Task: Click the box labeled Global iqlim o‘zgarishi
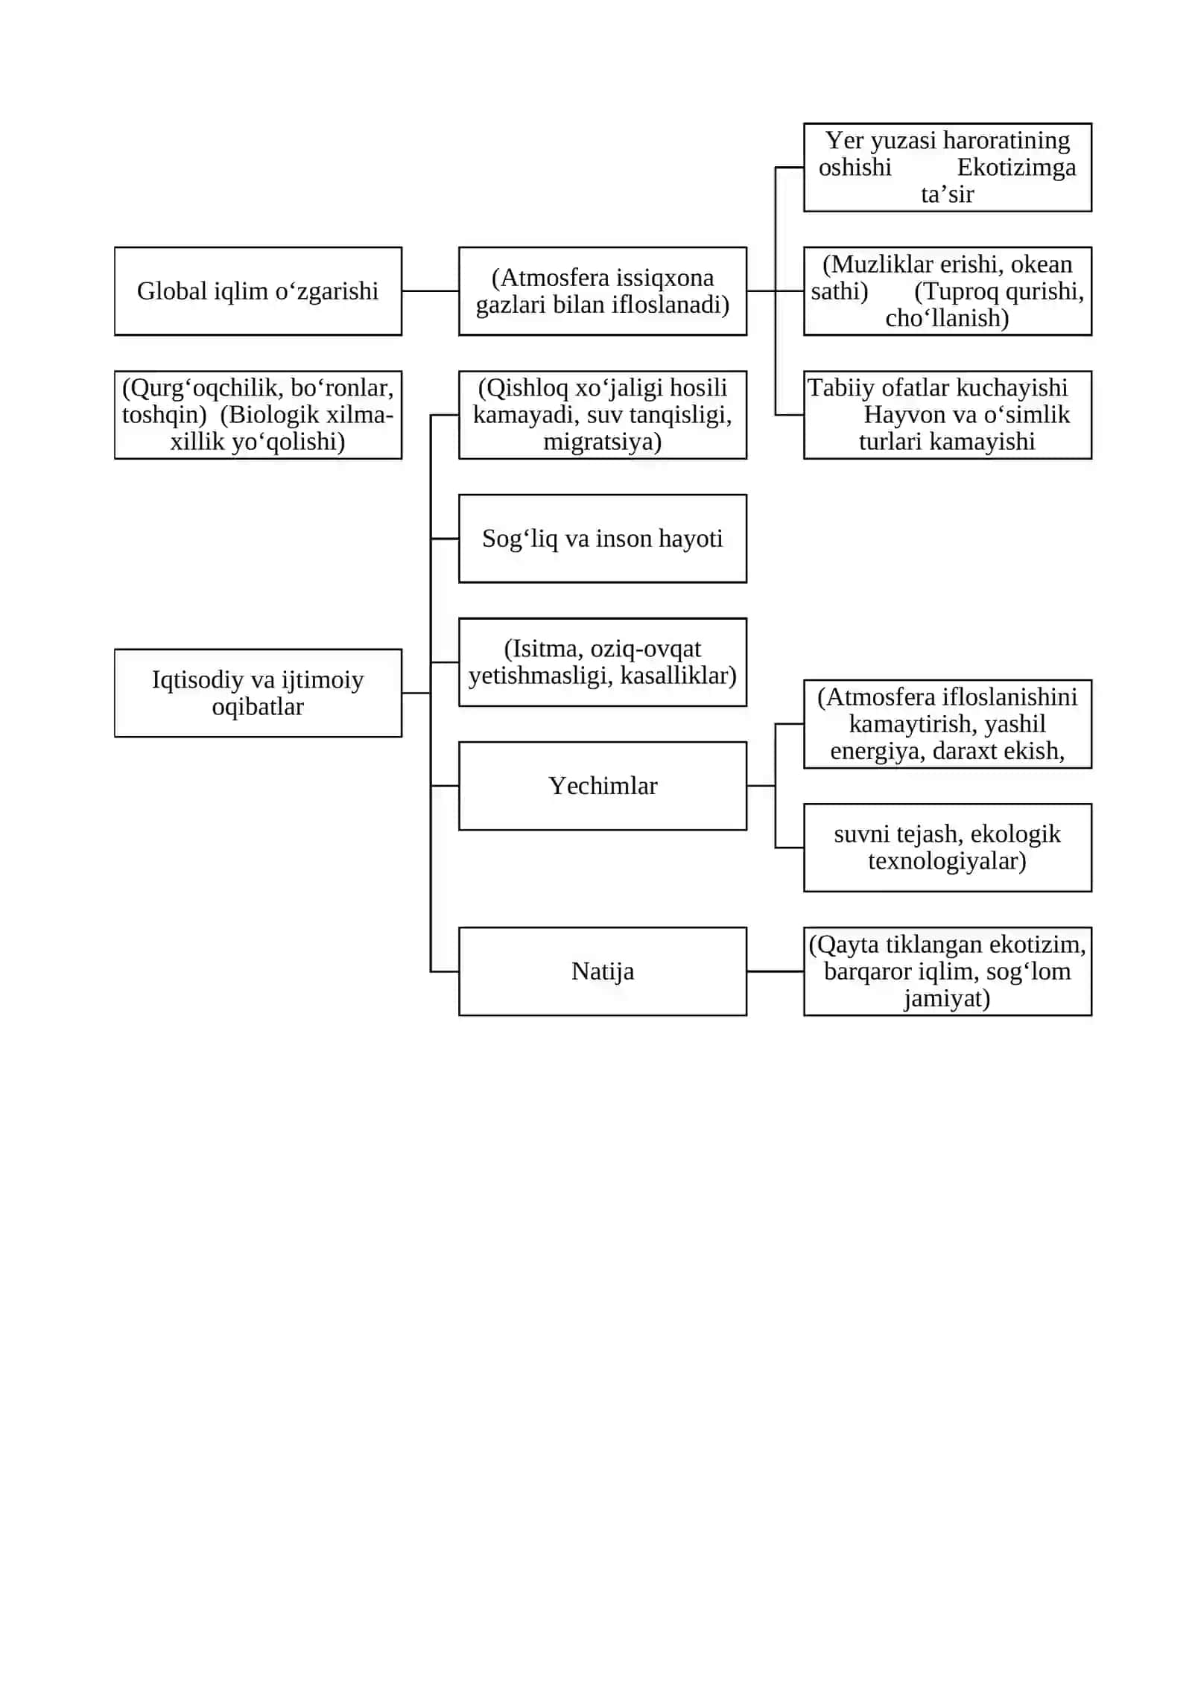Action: [x=258, y=291]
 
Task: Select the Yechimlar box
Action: [x=603, y=786]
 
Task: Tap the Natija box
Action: [x=603, y=971]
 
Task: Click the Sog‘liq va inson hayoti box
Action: [x=603, y=539]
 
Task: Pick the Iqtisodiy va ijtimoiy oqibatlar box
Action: [x=258, y=693]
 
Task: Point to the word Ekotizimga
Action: [x=1016, y=168]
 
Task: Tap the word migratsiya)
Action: [x=602, y=442]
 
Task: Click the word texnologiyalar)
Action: [x=947, y=861]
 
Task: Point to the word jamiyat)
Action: [x=947, y=998]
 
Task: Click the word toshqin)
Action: [x=164, y=415]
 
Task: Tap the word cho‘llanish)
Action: [x=947, y=318]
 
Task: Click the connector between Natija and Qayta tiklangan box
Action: [x=776, y=971]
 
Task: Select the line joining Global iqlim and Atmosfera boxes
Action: [x=431, y=291]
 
